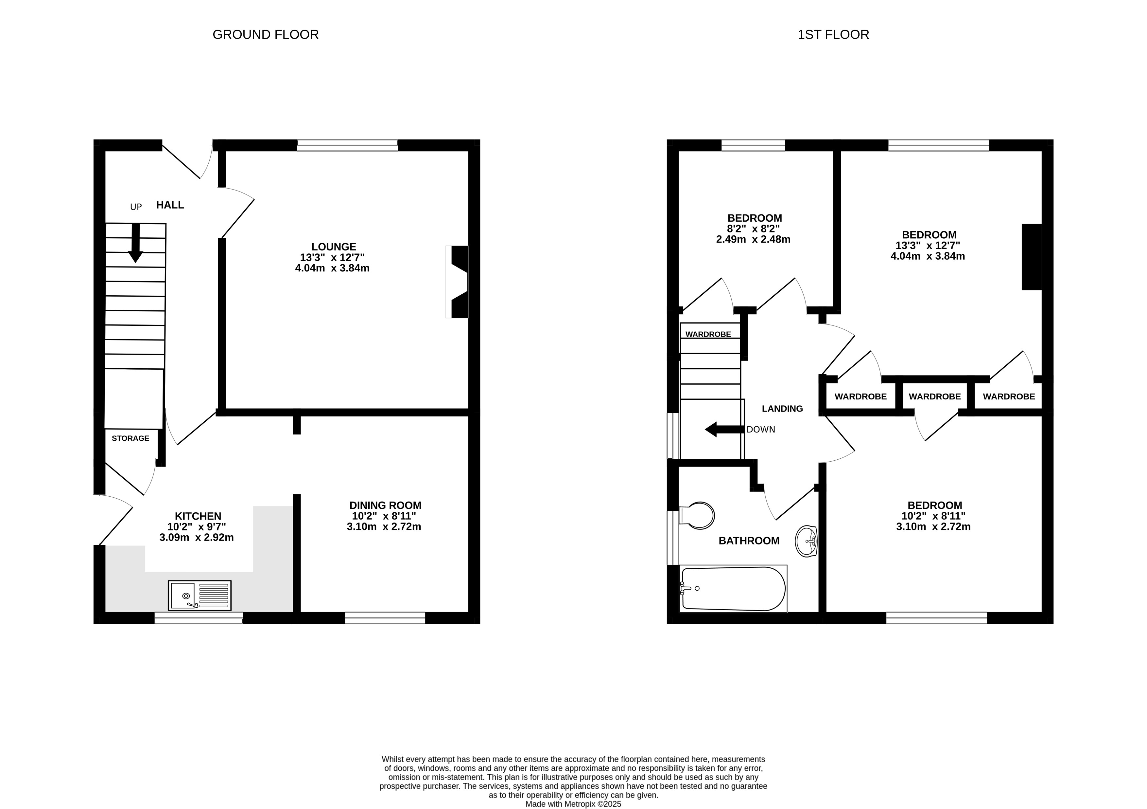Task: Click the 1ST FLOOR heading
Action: (833, 34)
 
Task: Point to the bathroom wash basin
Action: (806, 541)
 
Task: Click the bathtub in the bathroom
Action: (733, 589)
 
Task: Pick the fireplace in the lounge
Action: (457, 282)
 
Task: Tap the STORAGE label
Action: (130, 438)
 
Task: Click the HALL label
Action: (170, 205)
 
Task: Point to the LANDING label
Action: (782, 409)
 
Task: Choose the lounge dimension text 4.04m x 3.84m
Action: (332, 268)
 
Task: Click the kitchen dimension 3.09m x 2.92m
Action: (196, 538)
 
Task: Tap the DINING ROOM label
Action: (385, 505)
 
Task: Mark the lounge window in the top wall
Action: (348, 145)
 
